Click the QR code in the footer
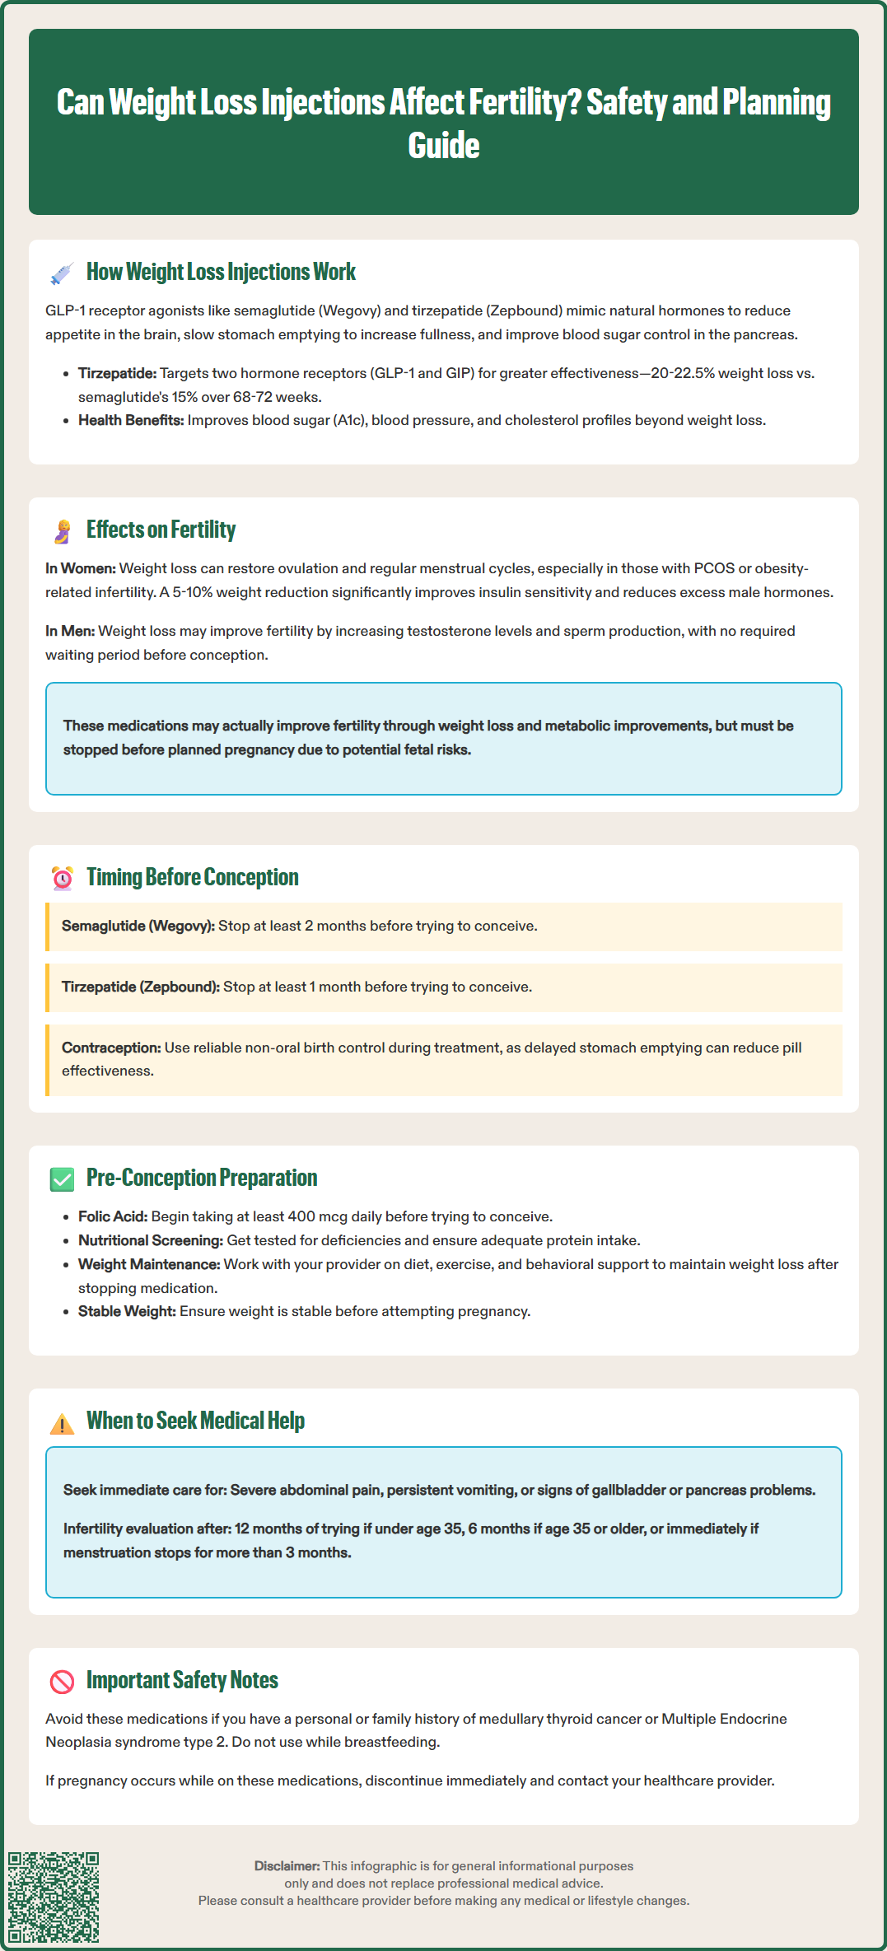tap(54, 1897)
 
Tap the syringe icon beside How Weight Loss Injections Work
tap(62, 273)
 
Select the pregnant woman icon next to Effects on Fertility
tap(62, 531)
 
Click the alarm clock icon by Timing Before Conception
tap(62, 879)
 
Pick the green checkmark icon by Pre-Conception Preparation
tap(62, 1179)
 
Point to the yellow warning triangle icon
tap(62, 1423)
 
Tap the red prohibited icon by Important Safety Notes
tap(62, 1682)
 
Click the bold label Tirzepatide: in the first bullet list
tap(117, 373)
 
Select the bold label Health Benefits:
tap(131, 420)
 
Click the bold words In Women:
tap(81, 568)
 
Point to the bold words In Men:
tap(70, 631)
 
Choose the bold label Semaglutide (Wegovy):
tap(138, 926)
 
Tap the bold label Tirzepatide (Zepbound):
tap(141, 987)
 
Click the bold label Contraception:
tap(111, 1048)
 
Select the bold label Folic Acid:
tap(113, 1216)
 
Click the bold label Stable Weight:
tap(127, 1311)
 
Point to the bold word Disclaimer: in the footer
tap(287, 1865)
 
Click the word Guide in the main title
tap(444, 146)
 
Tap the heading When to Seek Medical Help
tap(195, 1421)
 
